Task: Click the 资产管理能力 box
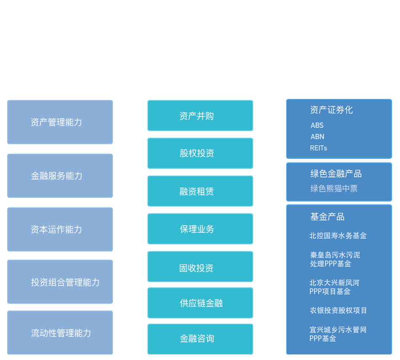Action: click(x=60, y=122)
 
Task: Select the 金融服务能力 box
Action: click(x=60, y=176)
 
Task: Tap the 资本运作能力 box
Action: click(x=60, y=229)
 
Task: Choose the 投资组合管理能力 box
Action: click(x=60, y=282)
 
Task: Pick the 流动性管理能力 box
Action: click(x=60, y=333)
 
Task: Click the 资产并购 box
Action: click(x=200, y=116)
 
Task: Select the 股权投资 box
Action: click(x=200, y=153)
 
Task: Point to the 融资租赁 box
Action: click(x=200, y=192)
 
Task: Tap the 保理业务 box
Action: click(x=200, y=229)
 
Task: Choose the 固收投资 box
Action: click(x=200, y=268)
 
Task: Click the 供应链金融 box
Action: click(x=200, y=303)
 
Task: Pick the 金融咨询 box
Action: click(x=200, y=339)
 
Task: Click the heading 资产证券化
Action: click(x=331, y=110)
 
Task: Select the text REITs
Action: click(x=318, y=148)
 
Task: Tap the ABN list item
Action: click(x=317, y=136)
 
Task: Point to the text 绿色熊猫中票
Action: click(x=334, y=189)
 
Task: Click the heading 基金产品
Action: click(x=327, y=217)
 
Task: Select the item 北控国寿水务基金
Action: click(x=338, y=236)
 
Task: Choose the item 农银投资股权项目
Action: click(x=338, y=310)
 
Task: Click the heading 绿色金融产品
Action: click(x=336, y=174)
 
